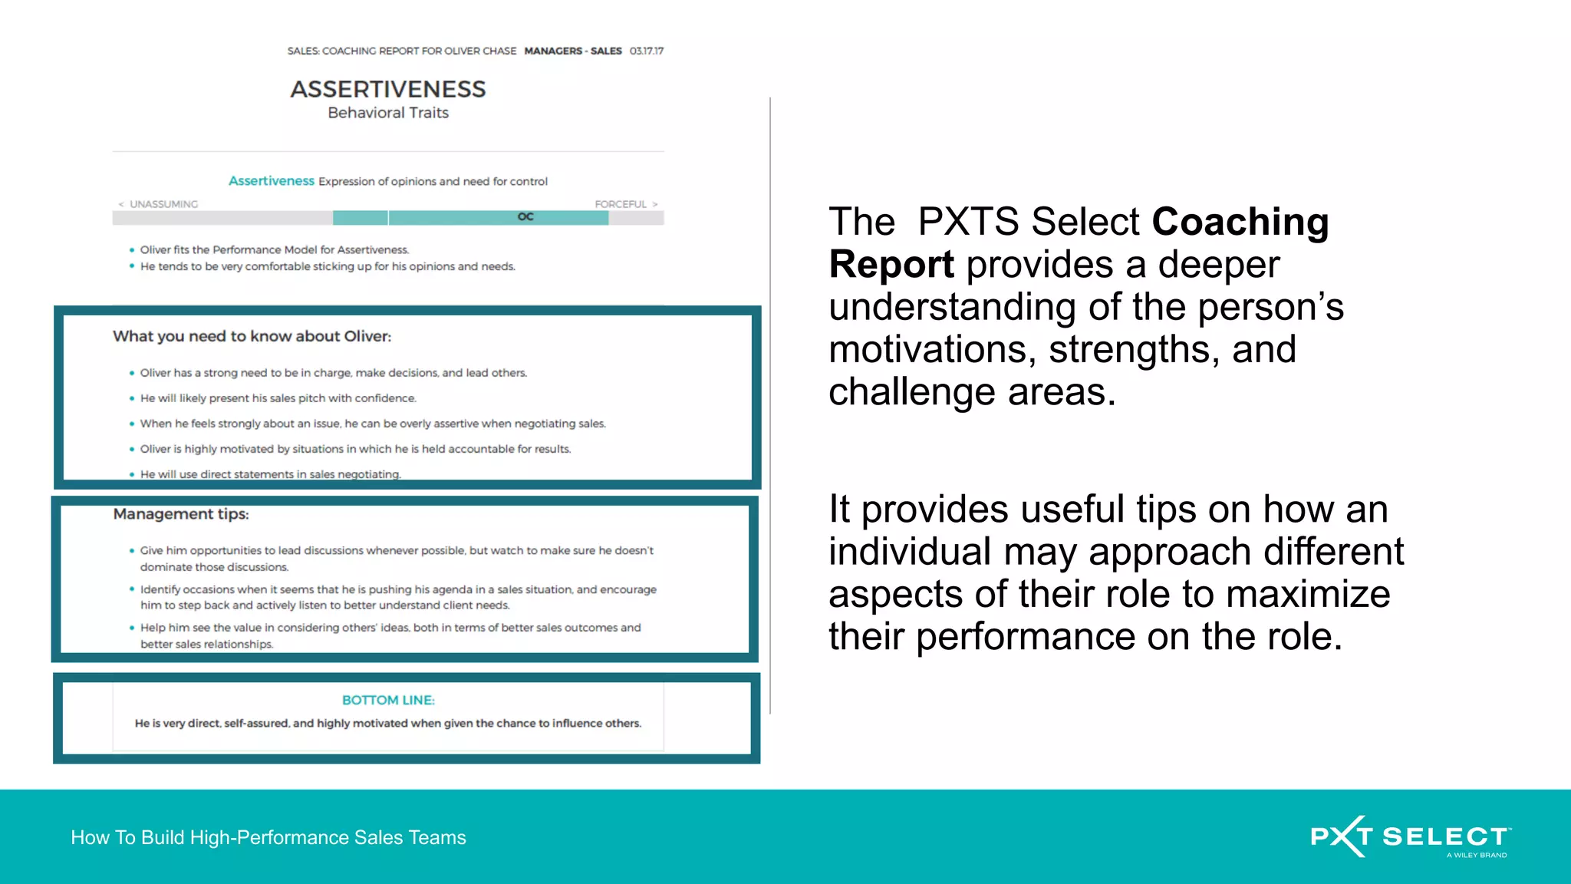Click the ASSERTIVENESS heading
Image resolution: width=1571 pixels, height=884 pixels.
[x=388, y=90]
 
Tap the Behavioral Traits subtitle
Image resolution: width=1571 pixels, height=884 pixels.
[x=388, y=113]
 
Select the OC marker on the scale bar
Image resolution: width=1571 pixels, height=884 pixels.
[x=525, y=217]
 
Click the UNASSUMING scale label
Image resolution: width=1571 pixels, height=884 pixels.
[x=163, y=204]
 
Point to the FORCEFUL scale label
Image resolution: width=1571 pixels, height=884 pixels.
[x=621, y=204]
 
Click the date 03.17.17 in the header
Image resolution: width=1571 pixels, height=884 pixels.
[x=647, y=51]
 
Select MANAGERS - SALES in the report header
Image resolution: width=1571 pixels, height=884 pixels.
[x=573, y=51]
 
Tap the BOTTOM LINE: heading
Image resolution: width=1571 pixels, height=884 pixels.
[x=388, y=701]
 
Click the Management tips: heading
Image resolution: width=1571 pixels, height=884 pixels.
[x=181, y=514]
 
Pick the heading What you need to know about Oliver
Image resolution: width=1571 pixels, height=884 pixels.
[x=252, y=336]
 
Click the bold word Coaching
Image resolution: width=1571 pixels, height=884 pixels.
[x=1240, y=223]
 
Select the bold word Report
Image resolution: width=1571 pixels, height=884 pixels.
[x=891, y=265]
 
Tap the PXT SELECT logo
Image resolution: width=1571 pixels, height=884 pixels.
[x=1410, y=836]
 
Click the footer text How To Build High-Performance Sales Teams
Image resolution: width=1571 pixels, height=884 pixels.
[x=268, y=837]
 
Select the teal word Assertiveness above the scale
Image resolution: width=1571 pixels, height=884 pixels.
[x=272, y=181]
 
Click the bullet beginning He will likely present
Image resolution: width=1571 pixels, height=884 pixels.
[x=278, y=398]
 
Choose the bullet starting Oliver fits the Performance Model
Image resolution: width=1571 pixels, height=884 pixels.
[x=274, y=250]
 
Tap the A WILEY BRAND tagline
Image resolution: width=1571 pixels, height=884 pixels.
[x=1477, y=855]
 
